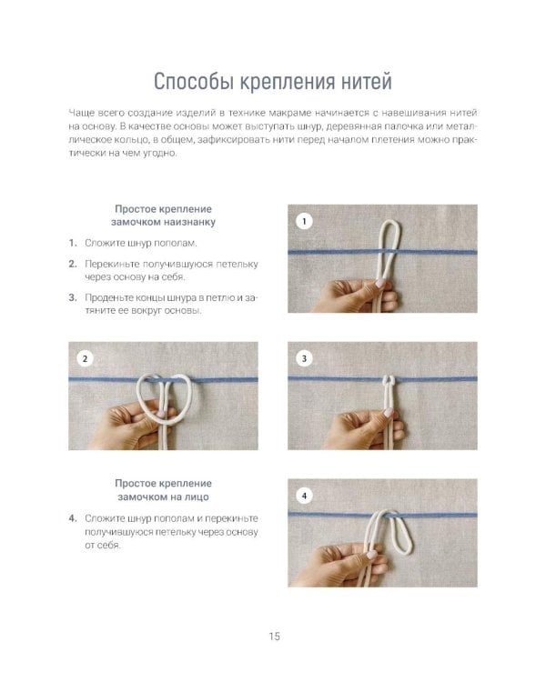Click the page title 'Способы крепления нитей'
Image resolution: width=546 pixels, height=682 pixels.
click(273, 82)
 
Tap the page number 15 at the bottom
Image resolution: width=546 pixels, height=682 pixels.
click(274, 636)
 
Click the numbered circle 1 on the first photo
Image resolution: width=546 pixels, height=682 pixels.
click(304, 221)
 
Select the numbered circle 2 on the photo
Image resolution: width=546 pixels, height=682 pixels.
click(86, 358)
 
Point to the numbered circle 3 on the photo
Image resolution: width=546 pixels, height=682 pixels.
click(304, 358)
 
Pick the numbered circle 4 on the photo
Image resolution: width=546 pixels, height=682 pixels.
click(304, 496)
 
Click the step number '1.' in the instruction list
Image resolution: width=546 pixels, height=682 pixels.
click(72, 244)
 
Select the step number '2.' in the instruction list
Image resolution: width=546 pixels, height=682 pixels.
click(72, 264)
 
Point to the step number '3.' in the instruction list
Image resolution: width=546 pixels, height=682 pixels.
click(72, 296)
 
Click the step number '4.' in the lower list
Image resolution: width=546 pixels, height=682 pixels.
click(72, 517)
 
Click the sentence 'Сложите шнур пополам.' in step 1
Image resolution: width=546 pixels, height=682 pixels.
click(140, 244)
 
